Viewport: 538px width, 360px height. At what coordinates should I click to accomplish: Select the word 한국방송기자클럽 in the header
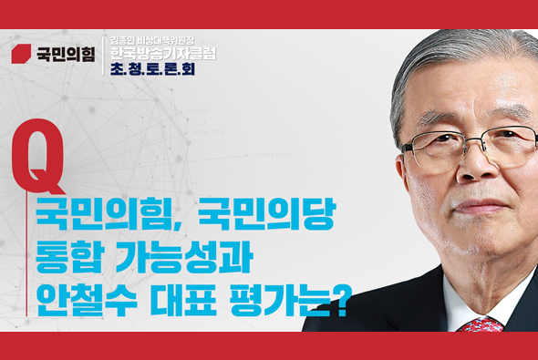click(162, 54)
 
